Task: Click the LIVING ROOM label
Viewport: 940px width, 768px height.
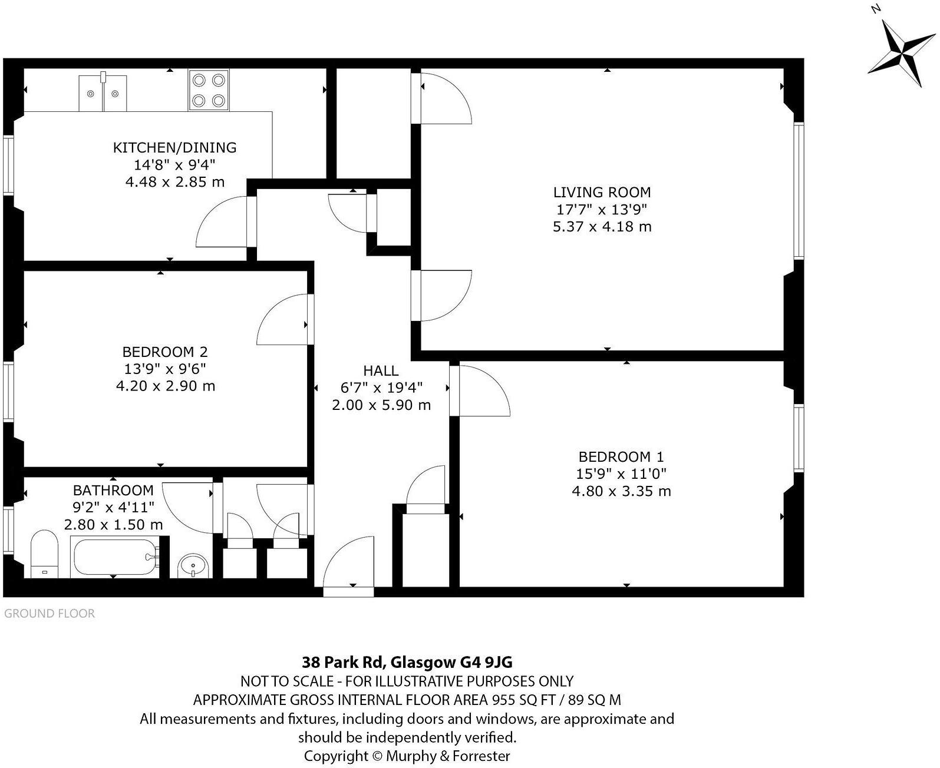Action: tap(602, 192)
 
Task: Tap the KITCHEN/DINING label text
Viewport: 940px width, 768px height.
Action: tap(174, 147)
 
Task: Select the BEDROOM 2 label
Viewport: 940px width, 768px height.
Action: tap(165, 352)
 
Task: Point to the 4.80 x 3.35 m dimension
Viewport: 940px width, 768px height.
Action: tap(621, 491)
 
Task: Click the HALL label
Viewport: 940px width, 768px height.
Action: tap(381, 370)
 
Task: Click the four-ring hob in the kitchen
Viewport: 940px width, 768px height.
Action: tap(209, 90)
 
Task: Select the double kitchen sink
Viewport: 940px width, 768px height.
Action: tap(103, 92)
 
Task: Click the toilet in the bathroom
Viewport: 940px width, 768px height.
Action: tap(44, 554)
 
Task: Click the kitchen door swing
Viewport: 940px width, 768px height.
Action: tap(223, 223)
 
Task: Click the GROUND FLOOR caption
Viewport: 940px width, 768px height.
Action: tap(50, 614)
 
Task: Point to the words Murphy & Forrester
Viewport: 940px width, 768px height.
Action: tap(448, 756)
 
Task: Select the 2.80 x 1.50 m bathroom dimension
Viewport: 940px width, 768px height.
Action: tap(113, 524)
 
